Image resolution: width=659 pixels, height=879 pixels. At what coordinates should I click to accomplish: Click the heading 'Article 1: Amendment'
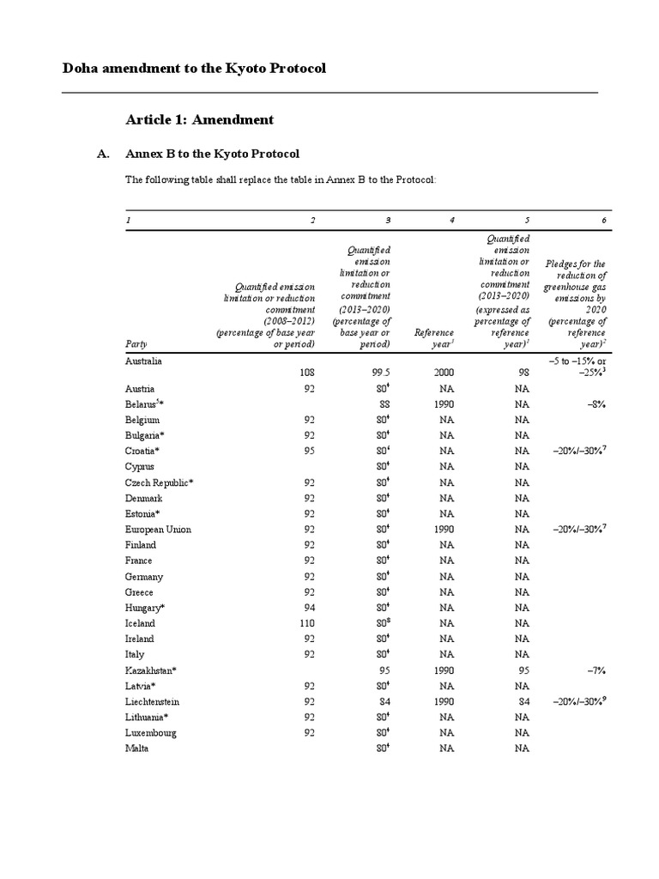pyautogui.click(x=199, y=119)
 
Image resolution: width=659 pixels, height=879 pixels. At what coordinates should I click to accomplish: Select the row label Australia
pyautogui.click(x=143, y=361)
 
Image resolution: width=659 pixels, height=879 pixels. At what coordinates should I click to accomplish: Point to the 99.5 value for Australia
pyautogui.click(x=380, y=373)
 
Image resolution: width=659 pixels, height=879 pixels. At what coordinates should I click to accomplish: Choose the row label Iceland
pyautogui.click(x=140, y=623)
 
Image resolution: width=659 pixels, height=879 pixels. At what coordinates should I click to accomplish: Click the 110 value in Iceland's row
pyautogui.click(x=307, y=623)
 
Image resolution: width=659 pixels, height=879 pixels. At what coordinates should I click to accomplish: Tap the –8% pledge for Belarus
pyautogui.click(x=596, y=404)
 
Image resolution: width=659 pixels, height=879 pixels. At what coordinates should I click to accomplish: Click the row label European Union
pyautogui.click(x=158, y=530)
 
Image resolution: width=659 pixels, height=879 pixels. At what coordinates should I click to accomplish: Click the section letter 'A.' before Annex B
pyautogui.click(x=103, y=155)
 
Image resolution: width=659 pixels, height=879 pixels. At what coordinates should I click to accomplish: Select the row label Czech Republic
pyautogui.click(x=159, y=482)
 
